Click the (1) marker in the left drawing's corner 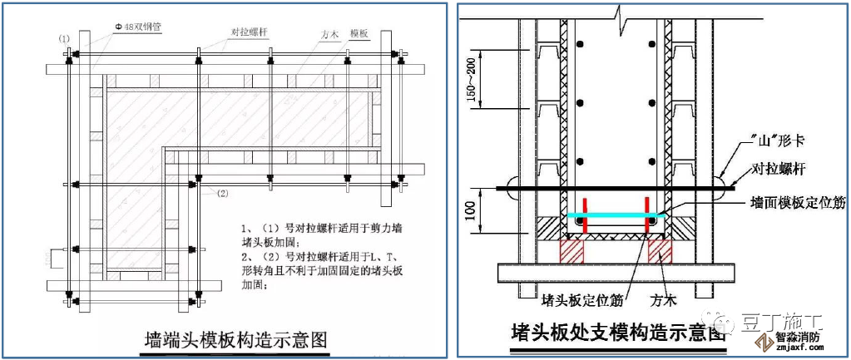tap(64, 39)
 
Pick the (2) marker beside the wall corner tap(222, 193)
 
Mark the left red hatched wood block tap(571, 249)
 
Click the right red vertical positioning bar tap(646, 213)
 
